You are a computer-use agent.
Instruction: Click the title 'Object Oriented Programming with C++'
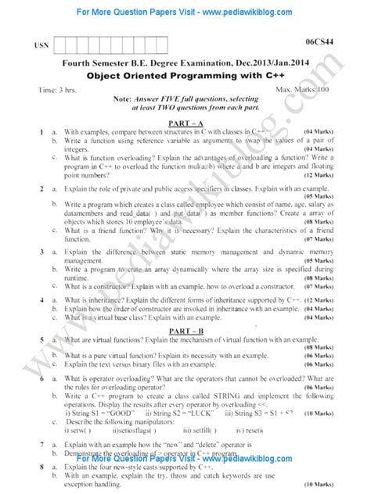point(185,77)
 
